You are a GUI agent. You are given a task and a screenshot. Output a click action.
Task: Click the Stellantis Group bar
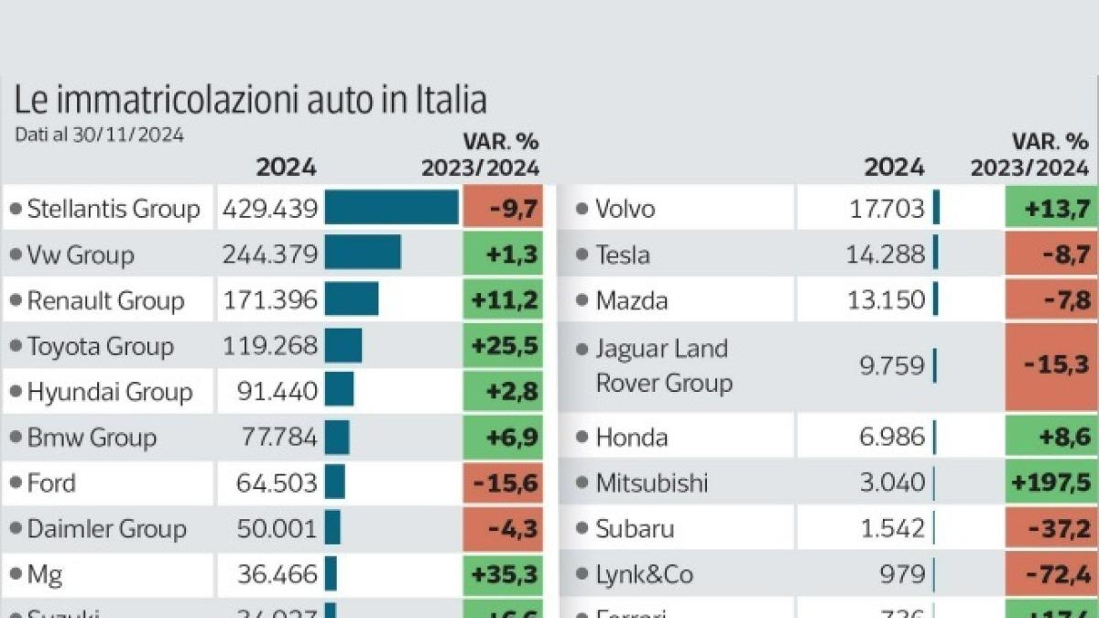coord(391,208)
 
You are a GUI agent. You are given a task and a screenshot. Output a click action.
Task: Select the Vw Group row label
coord(81,255)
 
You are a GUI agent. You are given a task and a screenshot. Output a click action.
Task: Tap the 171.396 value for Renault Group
coord(269,300)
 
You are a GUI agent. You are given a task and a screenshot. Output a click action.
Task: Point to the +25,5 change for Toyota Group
coord(503,346)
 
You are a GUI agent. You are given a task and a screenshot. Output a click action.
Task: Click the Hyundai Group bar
coord(339,391)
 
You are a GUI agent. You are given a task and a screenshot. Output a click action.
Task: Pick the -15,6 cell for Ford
coord(503,482)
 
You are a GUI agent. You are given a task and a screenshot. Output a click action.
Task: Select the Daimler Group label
coord(106,528)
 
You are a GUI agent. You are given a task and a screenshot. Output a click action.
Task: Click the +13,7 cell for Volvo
coord(1051,208)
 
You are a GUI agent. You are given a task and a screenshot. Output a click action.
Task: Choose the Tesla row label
coord(623,255)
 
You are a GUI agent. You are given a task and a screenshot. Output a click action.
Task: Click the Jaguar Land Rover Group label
coord(663,366)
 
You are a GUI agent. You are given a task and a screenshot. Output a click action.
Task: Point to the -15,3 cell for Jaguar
coord(1051,366)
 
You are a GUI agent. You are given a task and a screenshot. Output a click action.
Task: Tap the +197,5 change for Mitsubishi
coord(1051,482)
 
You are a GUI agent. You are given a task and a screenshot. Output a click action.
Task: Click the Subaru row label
coord(635,528)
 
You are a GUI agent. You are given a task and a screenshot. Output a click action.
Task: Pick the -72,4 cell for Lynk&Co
coord(1051,574)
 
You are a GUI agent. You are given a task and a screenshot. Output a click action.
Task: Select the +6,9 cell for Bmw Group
coord(503,437)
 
